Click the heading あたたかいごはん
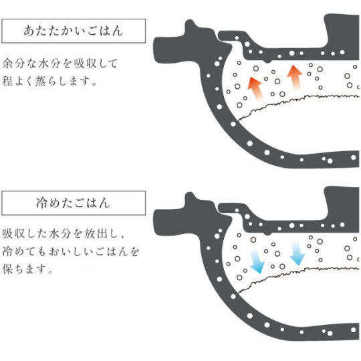coord(74,31)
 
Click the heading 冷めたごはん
coord(74,203)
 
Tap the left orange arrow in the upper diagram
coord(255,89)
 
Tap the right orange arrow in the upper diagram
coord(294,78)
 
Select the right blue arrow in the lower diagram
coord(297,253)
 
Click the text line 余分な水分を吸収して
coord(60,64)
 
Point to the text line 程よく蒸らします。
coord(49,81)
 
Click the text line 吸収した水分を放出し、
coord(64,234)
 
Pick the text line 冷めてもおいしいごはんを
coord(71,251)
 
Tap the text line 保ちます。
coord(27,269)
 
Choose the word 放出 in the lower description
coord(96,234)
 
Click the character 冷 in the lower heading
coord(41,203)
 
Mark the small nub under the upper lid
coord(267,61)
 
